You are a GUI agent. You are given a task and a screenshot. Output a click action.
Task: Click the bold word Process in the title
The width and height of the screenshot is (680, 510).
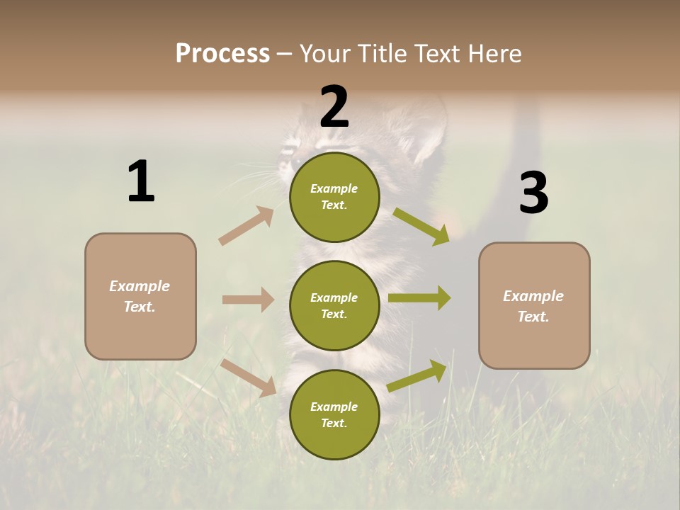click(x=222, y=53)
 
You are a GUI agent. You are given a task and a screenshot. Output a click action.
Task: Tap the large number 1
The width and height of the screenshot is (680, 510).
click(x=141, y=181)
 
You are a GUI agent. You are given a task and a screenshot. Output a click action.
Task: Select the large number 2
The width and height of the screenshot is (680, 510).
click(x=334, y=106)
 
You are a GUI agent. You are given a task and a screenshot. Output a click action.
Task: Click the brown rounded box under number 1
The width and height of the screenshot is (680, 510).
click(x=140, y=296)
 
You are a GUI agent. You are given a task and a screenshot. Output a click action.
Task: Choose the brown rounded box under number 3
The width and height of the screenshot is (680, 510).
click(x=534, y=305)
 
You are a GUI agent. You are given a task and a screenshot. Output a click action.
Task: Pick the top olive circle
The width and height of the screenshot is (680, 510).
click(x=334, y=197)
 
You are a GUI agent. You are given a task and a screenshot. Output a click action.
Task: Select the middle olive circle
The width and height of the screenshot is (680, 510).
click(x=334, y=305)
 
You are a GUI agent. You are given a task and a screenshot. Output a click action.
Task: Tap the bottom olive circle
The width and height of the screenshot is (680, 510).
click(x=334, y=414)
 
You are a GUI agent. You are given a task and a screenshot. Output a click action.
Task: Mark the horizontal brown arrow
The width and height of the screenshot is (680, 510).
click(x=248, y=300)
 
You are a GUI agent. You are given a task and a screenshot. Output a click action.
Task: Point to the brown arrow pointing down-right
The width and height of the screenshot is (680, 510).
click(x=249, y=378)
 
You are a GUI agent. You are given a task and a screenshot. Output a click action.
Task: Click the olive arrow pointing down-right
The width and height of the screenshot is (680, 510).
click(x=421, y=227)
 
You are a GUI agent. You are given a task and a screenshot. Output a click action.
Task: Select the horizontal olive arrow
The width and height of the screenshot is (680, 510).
click(x=419, y=298)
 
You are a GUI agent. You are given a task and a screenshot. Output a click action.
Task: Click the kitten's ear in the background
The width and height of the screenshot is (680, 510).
click(x=426, y=131)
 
